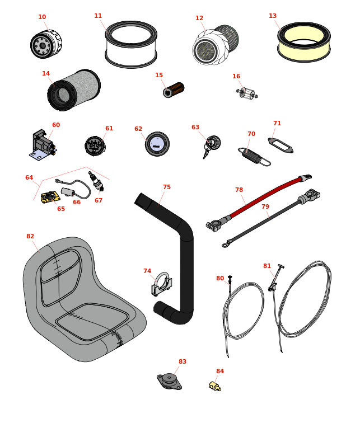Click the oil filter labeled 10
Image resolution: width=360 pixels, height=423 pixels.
coord(45,44)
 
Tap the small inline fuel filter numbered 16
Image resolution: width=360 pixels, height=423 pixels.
coord(247,93)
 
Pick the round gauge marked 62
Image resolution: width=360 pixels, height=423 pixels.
coord(157,144)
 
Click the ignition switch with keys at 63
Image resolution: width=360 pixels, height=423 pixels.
coord(212,144)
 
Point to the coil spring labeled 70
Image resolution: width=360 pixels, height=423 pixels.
coord(253,156)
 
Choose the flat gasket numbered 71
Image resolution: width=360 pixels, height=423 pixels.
coord(280,145)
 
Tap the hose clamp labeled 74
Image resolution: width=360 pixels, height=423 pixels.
coord(161,285)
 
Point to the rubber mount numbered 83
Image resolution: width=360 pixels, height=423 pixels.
coord(169,381)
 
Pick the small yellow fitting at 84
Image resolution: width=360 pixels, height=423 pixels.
coord(214,386)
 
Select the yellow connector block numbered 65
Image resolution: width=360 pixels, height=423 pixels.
coord(50,196)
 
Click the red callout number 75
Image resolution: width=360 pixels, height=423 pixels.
coord(167,187)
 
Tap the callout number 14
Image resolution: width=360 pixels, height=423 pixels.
coord(46,74)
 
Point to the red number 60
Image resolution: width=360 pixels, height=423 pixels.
coord(56,125)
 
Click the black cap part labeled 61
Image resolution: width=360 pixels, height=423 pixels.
coord(95,146)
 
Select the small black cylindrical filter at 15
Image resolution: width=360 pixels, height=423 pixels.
coord(174,90)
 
